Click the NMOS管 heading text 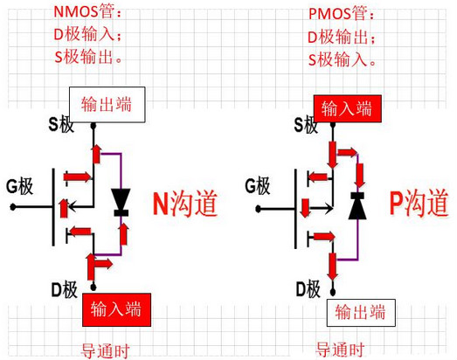point(87,13)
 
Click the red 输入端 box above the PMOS point(347,108)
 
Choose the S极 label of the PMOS point(306,126)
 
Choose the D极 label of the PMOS point(308,288)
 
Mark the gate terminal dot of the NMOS point(12,207)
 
